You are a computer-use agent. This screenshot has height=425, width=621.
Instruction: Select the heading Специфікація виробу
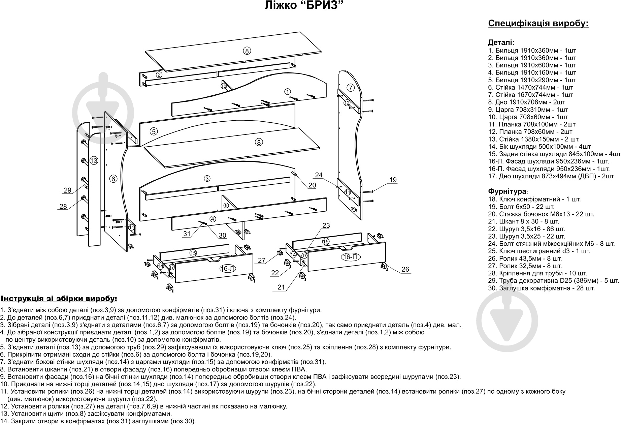(x=538, y=24)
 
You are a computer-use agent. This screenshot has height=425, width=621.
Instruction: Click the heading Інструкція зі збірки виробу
(x=59, y=299)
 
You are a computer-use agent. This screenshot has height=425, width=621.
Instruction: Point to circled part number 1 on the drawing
(x=287, y=91)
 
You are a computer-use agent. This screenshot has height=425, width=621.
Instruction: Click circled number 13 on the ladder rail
(x=94, y=161)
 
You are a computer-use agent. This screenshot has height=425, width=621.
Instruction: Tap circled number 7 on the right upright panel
(x=351, y=88)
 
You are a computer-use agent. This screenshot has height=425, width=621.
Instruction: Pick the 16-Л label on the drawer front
(x=228, y=269)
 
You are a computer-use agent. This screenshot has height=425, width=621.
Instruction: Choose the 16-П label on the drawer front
(x=350, y=257)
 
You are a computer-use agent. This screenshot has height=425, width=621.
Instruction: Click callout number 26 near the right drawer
(x=405, y=269)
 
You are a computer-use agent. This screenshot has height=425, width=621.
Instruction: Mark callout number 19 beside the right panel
(x=393, y=180)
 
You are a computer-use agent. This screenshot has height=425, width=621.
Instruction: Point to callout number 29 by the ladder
(x=67, y=190)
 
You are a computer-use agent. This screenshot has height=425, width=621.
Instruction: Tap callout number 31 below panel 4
(x=187, y=234)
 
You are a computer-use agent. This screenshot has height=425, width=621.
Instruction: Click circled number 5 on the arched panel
(x=154, y=131)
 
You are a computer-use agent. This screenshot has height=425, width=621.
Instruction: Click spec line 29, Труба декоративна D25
(x=553, y=281)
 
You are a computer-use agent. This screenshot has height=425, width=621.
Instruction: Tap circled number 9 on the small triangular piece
(x=226, y=205)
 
